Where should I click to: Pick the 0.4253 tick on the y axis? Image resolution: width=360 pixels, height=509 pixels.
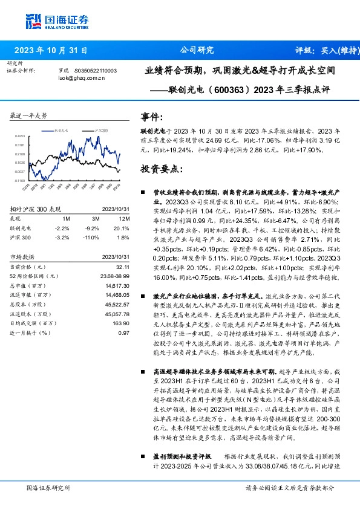20,137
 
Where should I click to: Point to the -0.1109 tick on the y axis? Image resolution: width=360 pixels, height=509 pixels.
19,180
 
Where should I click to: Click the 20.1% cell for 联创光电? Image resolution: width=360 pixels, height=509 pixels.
123,229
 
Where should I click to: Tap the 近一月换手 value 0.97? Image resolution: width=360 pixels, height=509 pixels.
125,333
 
